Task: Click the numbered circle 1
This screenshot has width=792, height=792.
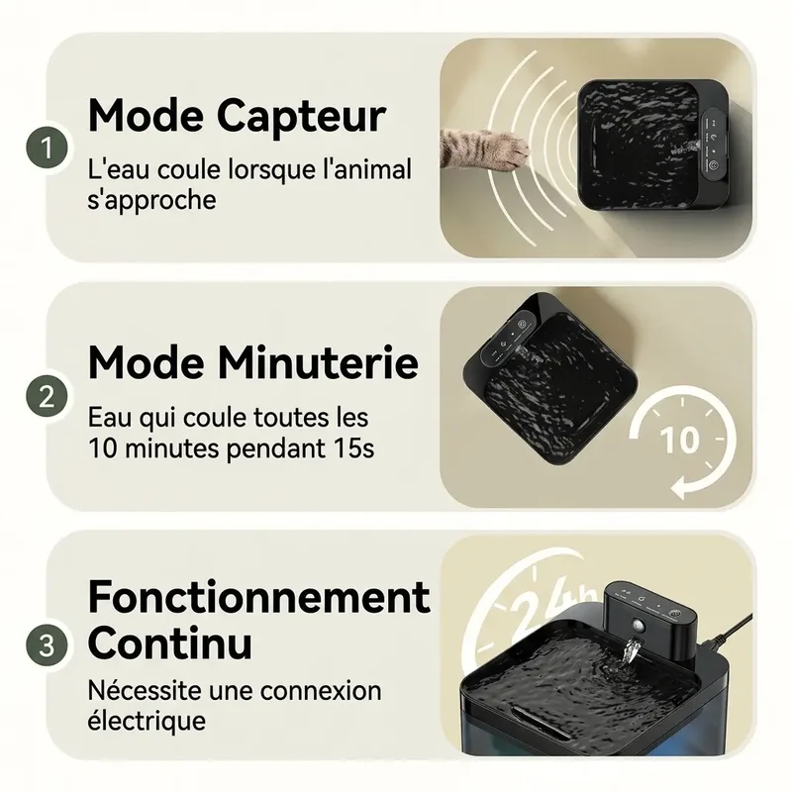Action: (x=47, y=148)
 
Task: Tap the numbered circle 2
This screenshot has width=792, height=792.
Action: (x=47, y=397)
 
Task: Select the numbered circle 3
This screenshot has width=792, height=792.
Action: (x=47, y=645)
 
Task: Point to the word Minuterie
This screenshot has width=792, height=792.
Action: (x=319, y=363)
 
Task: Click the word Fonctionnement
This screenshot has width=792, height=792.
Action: (x=258, y=597)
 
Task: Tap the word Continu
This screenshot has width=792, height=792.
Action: (x=169, y=643)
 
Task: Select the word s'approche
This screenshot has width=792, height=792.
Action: (x=151, y=200)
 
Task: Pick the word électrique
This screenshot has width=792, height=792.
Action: (x=147, y=720)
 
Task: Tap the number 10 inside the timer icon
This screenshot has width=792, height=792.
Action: (x=680, y=440)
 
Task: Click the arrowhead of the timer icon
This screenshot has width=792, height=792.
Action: (x=681, y=487)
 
